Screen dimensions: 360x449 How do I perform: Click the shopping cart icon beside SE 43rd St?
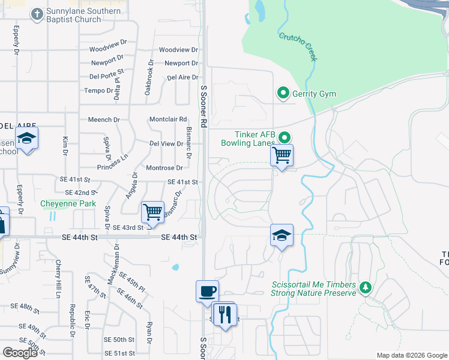pos(152,211)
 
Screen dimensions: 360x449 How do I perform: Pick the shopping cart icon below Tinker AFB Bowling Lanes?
pos(282,155)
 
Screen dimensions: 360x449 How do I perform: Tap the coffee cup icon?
pos(207,291)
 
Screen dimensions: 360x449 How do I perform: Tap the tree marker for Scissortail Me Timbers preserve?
pos(365,289)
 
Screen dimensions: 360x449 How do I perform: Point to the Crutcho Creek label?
pos(298,46)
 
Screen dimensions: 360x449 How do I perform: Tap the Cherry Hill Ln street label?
pos(59,279)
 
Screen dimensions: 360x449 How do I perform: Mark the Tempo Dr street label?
pos(99,91)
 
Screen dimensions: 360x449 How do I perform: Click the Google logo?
pos(20,352)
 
